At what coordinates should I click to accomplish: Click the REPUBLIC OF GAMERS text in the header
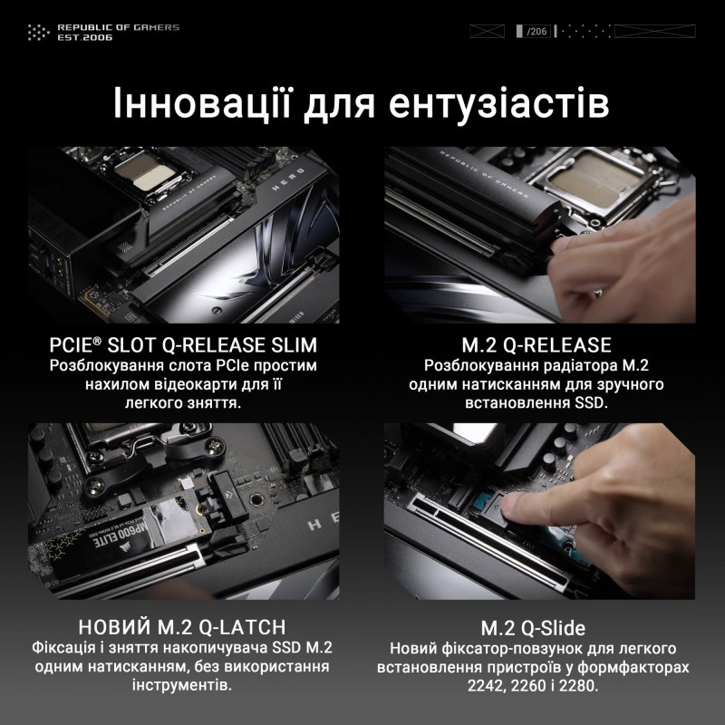(x=118, y=27)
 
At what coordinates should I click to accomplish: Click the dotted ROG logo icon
(x=37, y=33)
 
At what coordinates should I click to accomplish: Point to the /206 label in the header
(x=537, y=32)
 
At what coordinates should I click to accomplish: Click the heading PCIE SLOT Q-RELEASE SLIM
(x=183, y=345)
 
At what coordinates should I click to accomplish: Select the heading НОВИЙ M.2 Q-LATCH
(x=183, y=627)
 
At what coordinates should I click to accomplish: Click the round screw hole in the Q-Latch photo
(x=257, y=498)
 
